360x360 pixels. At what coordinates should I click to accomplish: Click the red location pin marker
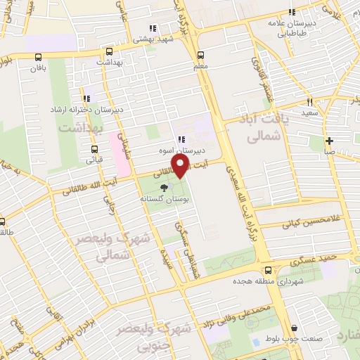tap(181, 166)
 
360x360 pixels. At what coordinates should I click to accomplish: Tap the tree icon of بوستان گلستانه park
tap(165, 188)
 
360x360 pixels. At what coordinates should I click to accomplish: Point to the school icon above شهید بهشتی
tap(152, 29)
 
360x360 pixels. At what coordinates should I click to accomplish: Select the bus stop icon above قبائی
tap(94, 149)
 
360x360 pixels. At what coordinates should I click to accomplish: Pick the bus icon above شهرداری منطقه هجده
tap(266, 270)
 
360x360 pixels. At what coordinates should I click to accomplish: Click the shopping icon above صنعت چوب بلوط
tap(293, 328)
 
